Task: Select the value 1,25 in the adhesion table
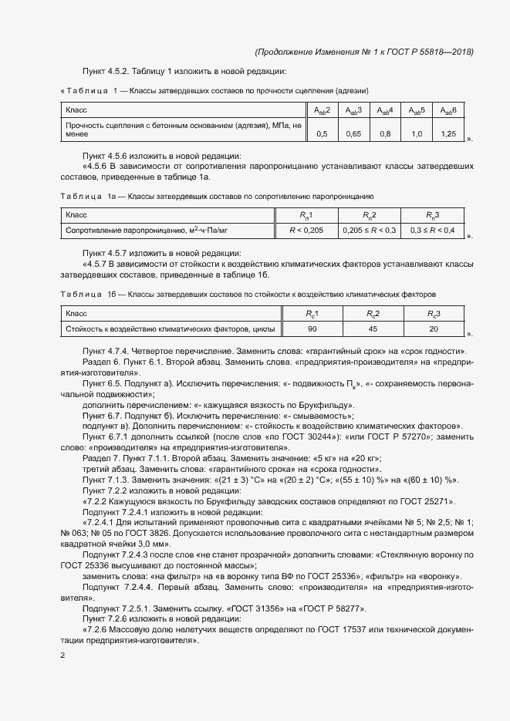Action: pyautogui.click(x=448, y=134)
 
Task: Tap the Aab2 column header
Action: pyautogui.click(x=322, y=111)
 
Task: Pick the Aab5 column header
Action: pyautogui.click(x=417, y=111)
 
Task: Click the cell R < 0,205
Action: pyautogui.click(x=306, y=230)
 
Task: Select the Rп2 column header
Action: pyautogui.click(x=370, y=214)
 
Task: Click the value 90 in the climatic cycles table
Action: pyautogui.click(x=312, y=329)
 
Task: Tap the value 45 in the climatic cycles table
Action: pyautogui.click(x=373, y=329)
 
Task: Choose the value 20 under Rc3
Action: pyautogui.click(x=433, y=329)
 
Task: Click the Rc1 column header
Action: pyautogui.click(x=312, y=314)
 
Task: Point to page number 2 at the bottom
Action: pyautogui.click(x=63, y=655)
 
